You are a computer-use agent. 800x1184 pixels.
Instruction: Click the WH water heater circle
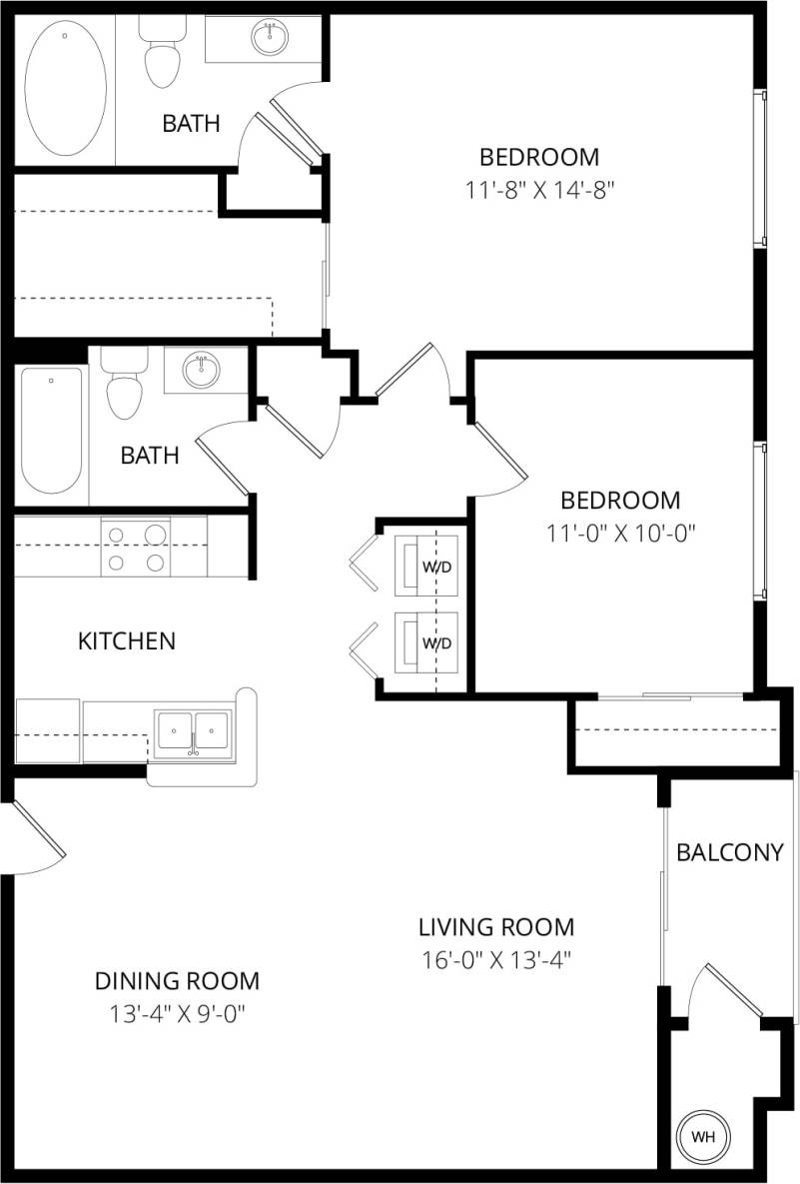pyautogui.click(x=704, y=1136)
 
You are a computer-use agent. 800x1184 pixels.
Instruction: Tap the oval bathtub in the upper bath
pyautogui.click(x=66, y=90)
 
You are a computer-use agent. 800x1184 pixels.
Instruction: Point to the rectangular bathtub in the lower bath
pyautogui.click(x=50, y=430)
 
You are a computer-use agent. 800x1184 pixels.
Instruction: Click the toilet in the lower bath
pyautogui.click(x=125, y=386)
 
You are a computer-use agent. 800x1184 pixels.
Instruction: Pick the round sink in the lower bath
pyautogui.click(x=202, y=371)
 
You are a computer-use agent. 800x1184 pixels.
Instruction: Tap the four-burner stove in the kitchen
pyautogui.click(x=136, y=548)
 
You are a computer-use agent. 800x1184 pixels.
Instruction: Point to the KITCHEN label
pyautogui.click(x=127, y=640)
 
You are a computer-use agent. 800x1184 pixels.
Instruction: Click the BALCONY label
pyautogui.click(x=729, y=852)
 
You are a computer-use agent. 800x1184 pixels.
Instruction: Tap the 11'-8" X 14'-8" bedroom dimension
pyautogui.click(x=538, y=190)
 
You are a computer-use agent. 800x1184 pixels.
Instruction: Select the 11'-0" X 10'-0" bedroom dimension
pyautogui.click(x=619, y=533)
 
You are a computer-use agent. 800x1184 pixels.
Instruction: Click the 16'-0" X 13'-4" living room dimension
pyautogui.click(x=496, y=960)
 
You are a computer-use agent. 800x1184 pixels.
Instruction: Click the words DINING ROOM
pyautogui.click(x=177, y=980)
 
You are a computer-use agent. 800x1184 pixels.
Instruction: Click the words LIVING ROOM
pyautogui.click(x=496, y=926)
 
